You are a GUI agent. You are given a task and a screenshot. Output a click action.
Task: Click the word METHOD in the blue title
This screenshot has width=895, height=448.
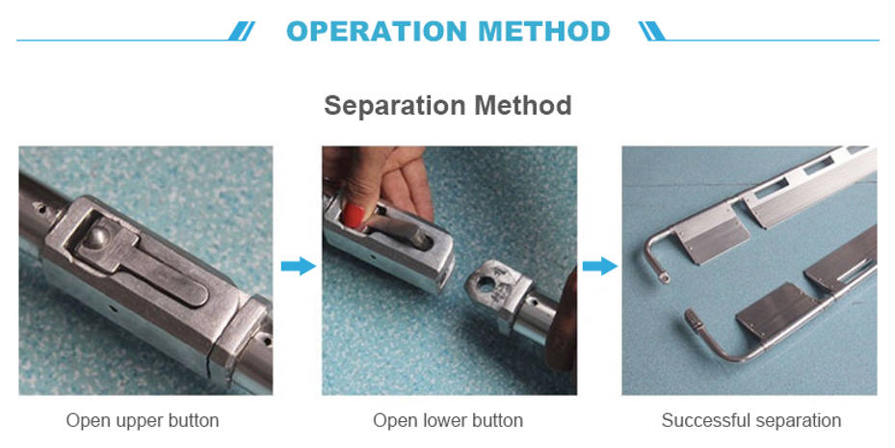tap(544, 31)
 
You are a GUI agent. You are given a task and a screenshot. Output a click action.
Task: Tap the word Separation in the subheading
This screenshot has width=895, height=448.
tap(396, 106)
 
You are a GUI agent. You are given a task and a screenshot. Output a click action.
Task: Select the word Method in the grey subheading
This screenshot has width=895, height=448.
tap(523, 105)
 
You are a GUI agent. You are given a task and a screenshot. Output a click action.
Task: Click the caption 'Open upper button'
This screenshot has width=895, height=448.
tap(143, 421)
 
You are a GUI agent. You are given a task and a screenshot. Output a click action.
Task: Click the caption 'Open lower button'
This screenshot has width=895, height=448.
tap(448, 421)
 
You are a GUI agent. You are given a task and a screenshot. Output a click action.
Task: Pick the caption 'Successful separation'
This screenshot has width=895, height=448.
tap(751, 421)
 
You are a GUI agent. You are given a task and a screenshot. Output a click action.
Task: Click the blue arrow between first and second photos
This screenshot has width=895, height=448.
tap(298, 266)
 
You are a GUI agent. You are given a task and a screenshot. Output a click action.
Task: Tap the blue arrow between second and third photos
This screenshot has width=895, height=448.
tap(600, 266)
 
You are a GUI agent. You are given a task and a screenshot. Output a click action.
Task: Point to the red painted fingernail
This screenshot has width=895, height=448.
tap(353, 217)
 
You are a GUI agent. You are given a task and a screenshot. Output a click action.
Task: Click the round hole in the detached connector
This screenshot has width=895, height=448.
tap(487, 284)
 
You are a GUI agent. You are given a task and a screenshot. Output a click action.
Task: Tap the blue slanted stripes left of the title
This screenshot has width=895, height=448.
tap(242, 31)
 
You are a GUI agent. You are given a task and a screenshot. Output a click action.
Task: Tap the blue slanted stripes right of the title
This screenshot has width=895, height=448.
tap(652, 31)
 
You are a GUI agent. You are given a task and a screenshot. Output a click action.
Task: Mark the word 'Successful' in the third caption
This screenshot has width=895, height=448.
tap(706, 421)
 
